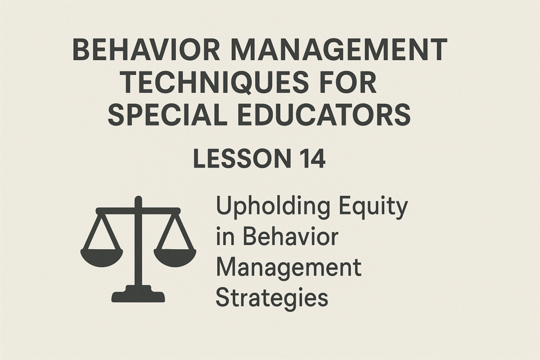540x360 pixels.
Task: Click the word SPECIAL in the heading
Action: (168, 114)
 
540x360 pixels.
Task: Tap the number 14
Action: (311, 159)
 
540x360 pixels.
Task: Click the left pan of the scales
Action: (102, 256)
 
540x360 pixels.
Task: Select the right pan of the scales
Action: (175, 256)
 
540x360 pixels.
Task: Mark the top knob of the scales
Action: (138, 200)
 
